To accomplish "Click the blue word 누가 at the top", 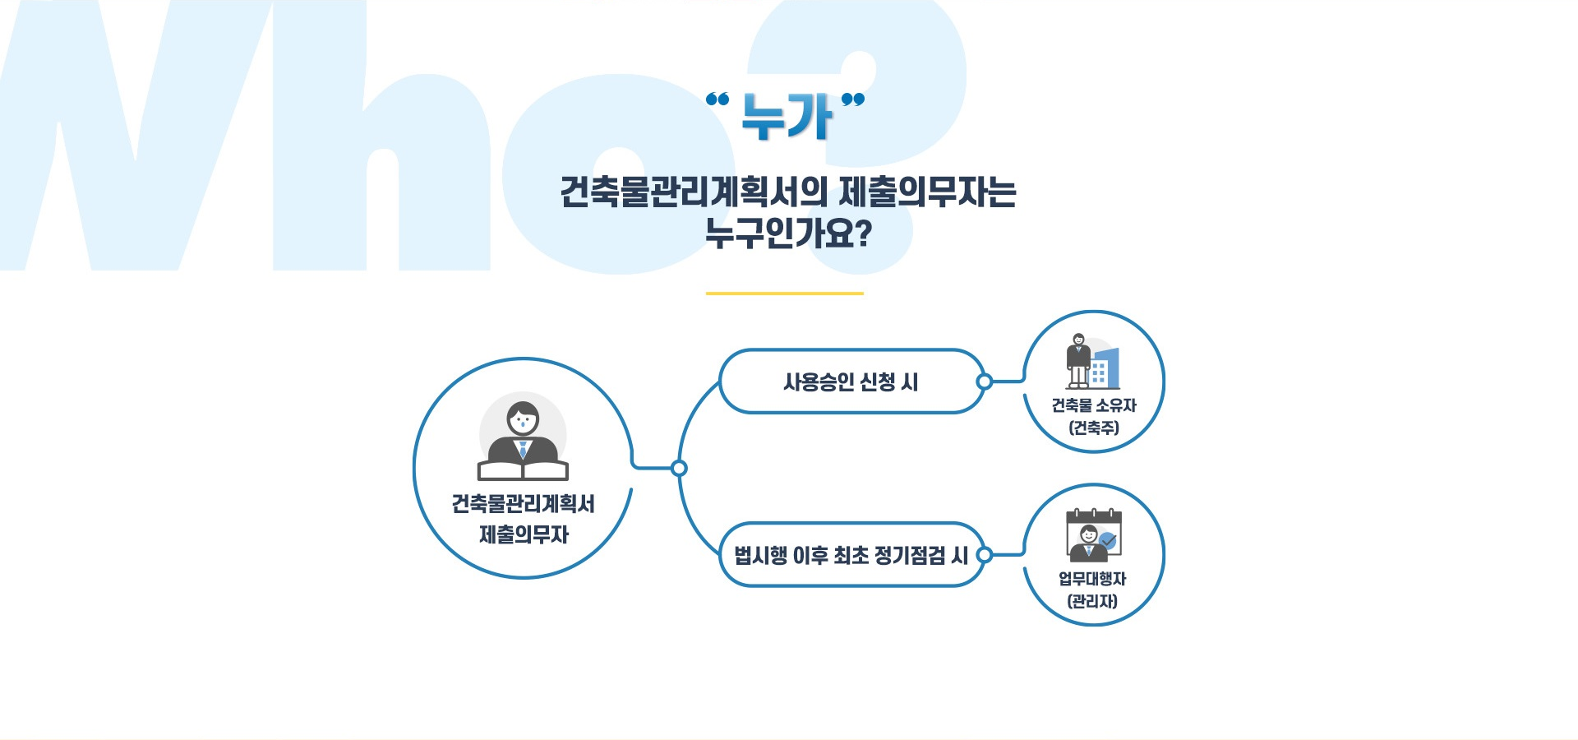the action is click(x=787, y=116).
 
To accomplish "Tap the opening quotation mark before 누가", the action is click(x=717, y=99).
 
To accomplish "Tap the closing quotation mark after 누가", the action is click(x=853, y=99).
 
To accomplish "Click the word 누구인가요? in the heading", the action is click(x=788, y=234).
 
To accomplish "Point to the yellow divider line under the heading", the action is click(x=785, y=293).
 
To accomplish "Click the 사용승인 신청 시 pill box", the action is click(x=851, y=382).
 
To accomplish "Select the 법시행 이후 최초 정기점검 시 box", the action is click(x=851, y=555).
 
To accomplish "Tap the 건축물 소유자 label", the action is click(x=1094, y=405).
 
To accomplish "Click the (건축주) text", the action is click(x=1094, y=428).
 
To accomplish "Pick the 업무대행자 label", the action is click(x=1092, y=579).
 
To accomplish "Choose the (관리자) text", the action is click(x=1092, y=601).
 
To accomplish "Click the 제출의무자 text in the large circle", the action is click(x=524, y=534).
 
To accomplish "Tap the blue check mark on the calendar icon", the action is click(x=1108, y=541).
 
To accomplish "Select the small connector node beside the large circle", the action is click(x=679, y=469).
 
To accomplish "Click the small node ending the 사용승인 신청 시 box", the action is click(x=985, y=382).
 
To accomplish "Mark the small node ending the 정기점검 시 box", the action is click(x=985, y=555).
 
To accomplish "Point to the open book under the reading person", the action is click(x=523, y=469).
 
